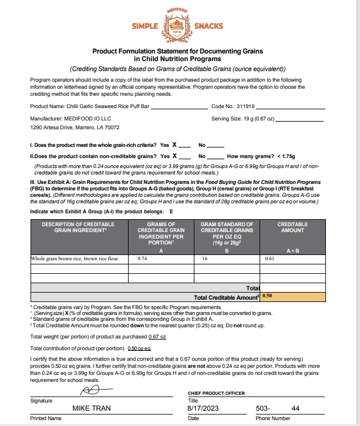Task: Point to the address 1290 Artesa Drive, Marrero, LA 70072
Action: tap(75, 127)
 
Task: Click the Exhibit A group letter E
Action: tap(171, 210)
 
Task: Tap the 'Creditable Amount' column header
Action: tap(292, 227)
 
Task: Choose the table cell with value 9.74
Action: tap(142, 258)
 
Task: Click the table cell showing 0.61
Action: tap(270, 258)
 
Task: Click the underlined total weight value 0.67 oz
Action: tap(157, 336)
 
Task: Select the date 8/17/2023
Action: tap(203, 408)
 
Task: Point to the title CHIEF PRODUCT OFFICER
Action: tap(216, 393)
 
